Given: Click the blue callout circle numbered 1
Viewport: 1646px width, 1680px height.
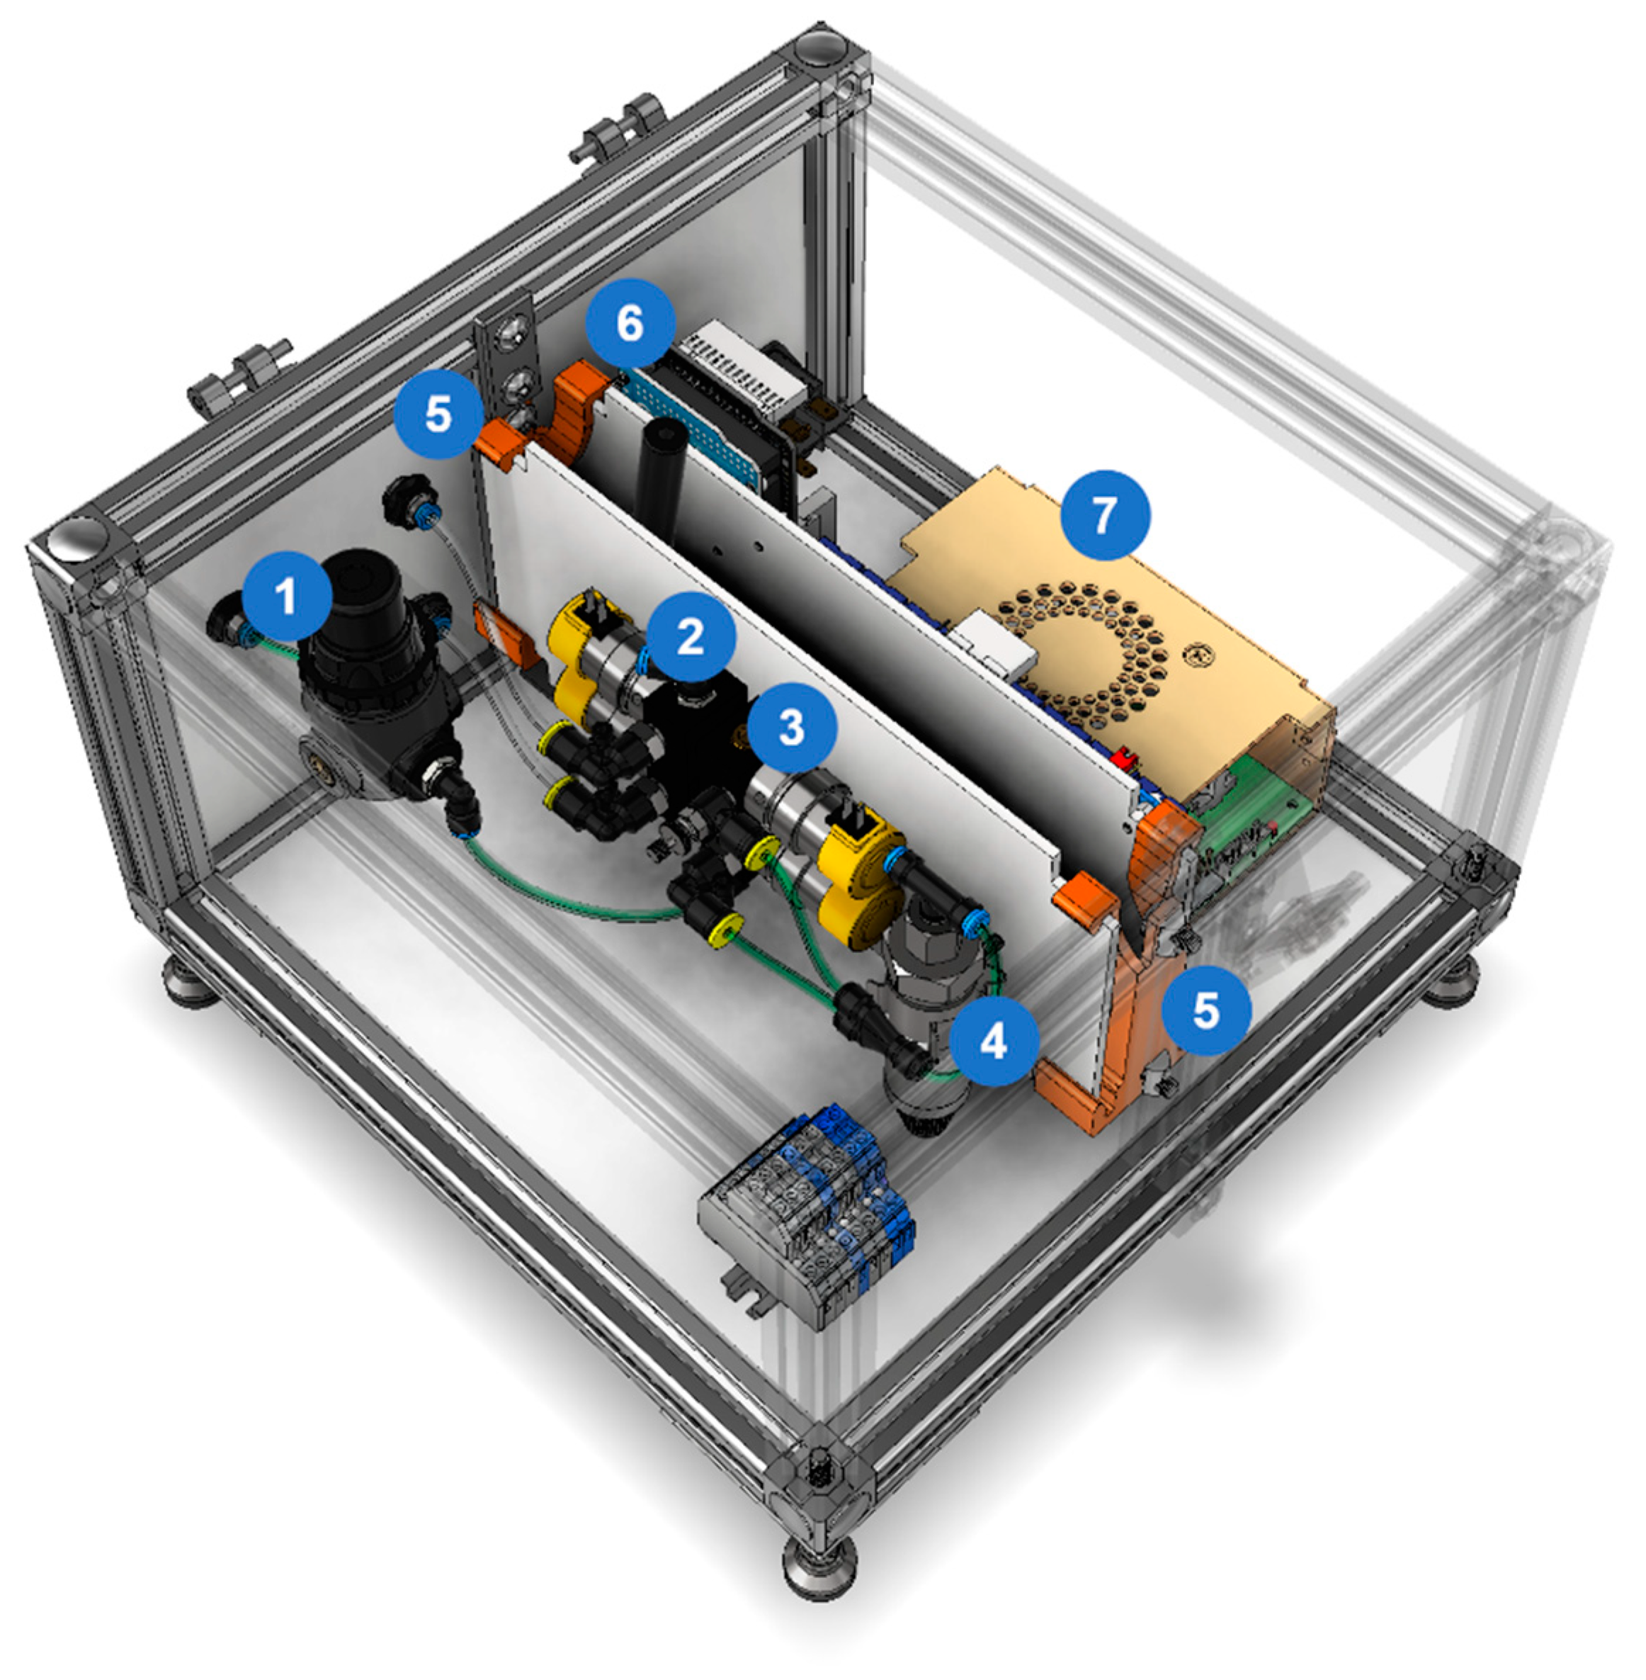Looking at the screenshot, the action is (x=287, y=596).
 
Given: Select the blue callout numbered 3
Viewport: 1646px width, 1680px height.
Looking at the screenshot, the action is (x=793, y=727).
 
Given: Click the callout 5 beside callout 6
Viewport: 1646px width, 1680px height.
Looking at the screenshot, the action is (x=439, y=415).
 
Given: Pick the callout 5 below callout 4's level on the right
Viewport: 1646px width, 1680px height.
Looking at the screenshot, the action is (x=1206, y=1010).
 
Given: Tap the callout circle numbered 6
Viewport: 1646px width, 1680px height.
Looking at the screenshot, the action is (x=630, y=323).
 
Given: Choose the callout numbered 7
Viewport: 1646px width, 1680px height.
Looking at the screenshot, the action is (x=1105, y=515).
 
